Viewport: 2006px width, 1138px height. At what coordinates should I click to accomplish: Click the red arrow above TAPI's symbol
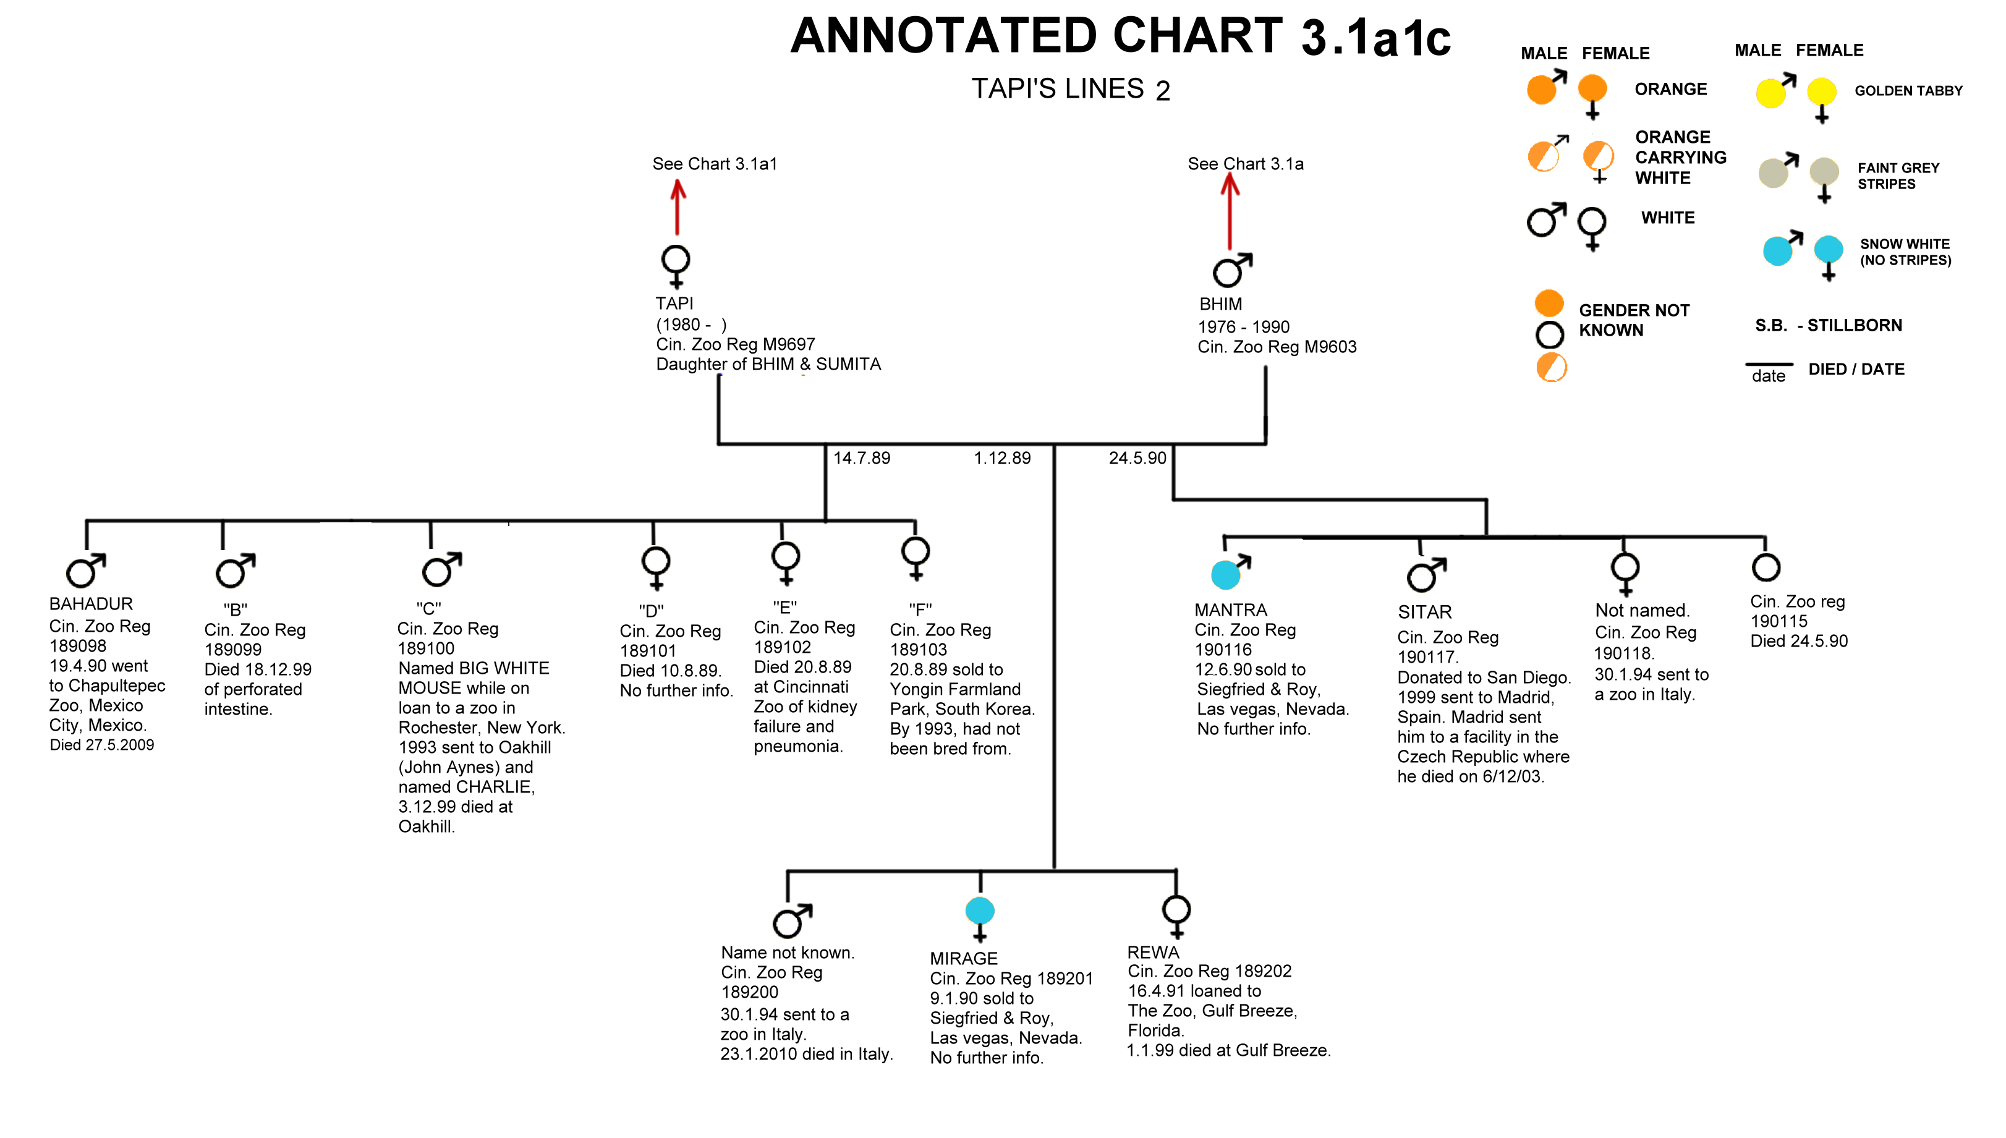(x=678, y=207)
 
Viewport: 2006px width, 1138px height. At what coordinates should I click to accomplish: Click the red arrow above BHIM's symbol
(x=1230, y=210)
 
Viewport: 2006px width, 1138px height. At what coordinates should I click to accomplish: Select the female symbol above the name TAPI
(x=676, y=266)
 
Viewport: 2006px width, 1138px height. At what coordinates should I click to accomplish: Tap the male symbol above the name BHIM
(x=1231, y=270)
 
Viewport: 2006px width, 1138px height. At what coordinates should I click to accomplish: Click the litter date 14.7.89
(x=861, y=458)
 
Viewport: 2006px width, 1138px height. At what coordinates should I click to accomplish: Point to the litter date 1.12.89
(x=1002, y=458)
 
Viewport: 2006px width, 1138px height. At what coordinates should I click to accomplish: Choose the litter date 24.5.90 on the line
(x=1137, y=458)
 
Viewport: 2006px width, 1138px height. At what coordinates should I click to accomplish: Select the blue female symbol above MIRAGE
(x=980, y=919)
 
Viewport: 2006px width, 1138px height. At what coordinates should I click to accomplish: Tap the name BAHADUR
(x=91, y=603)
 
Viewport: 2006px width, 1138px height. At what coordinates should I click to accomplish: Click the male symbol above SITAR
(x=1426, y=574)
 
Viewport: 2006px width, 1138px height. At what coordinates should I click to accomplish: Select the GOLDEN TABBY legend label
(x=1908, y=91)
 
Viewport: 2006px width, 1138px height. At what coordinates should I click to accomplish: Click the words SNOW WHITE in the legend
(x=1905, y=244)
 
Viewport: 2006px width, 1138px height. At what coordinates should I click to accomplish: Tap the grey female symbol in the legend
(x=1824, y=180)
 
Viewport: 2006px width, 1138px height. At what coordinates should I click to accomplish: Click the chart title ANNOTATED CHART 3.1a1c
(x=1120, y=36)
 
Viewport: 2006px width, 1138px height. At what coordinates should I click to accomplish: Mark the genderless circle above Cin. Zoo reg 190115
(x=1766, y=567)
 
